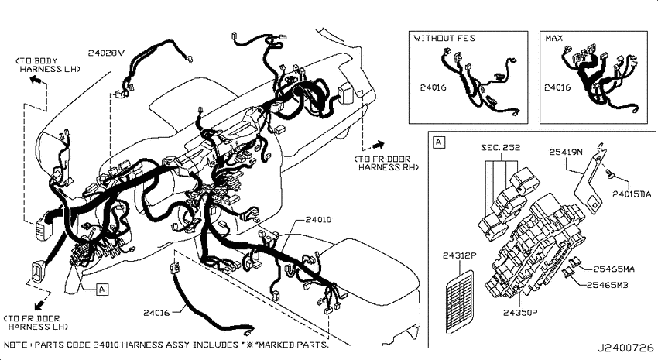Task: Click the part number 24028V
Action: pos(107,53)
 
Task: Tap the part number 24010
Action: pos(318,219)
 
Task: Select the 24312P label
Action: pos(460,255)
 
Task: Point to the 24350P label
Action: pos(520,312)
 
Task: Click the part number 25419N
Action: pos(566,152)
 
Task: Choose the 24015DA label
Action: pos(632,194)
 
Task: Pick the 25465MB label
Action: pos(607,285)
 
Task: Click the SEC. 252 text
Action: pos(501,147)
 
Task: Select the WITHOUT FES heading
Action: pos(444,38)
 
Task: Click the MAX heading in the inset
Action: pos(554,38)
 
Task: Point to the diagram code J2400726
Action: pos(625,348)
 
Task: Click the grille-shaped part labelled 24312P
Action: pos(460,302)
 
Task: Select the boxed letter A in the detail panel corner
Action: pos(438,142)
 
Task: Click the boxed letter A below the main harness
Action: pos(102,289)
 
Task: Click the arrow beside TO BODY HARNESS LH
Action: pos(36,81)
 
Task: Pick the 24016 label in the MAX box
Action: pos(557,87)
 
